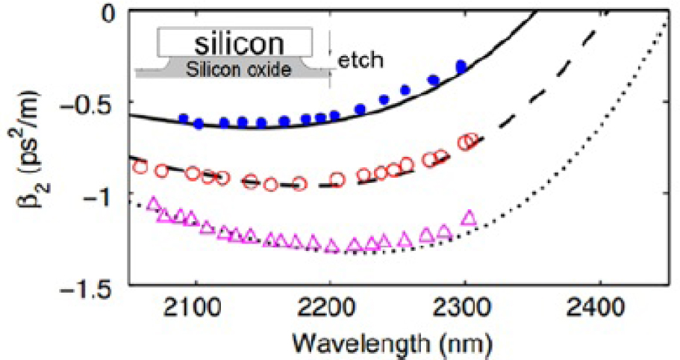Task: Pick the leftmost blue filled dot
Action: [183, 119]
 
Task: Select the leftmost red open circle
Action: [139, 167]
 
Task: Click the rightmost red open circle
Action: [471, 140]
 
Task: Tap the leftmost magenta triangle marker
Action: [154, 203]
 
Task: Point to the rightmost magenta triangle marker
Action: [469, 218]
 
